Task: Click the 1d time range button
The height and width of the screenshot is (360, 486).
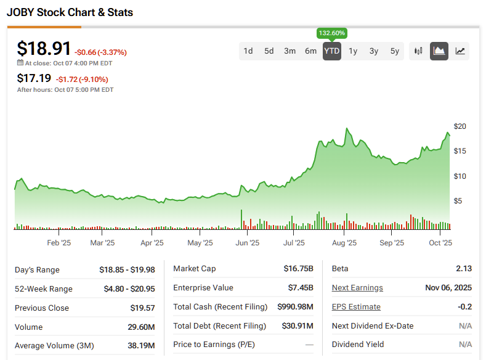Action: (248, 51)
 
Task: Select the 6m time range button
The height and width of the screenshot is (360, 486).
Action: (311, 51)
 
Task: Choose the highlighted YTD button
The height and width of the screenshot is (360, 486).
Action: (332, 51)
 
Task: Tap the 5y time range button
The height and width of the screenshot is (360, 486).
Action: (395, 51)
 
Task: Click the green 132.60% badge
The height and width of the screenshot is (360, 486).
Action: (332, 33)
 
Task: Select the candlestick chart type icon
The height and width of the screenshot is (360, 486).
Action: (419, 51)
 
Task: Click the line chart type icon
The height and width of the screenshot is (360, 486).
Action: (460, 51)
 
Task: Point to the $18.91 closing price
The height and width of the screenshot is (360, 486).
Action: (44, 49)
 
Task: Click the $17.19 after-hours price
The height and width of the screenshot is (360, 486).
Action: (34, 78)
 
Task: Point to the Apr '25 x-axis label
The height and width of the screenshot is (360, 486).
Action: (152, 243)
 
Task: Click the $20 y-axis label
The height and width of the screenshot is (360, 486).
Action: (460, 126)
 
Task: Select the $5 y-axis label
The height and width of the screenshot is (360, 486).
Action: (458, 201)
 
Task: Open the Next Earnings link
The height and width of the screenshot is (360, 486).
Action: (357, 288)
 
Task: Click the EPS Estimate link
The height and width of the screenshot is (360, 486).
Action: (356, 307)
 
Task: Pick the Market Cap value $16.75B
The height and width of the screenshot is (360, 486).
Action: (298, 269)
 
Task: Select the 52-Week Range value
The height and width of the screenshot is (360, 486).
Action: (127, 288)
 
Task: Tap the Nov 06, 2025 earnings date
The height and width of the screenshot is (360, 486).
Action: (449, 288)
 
